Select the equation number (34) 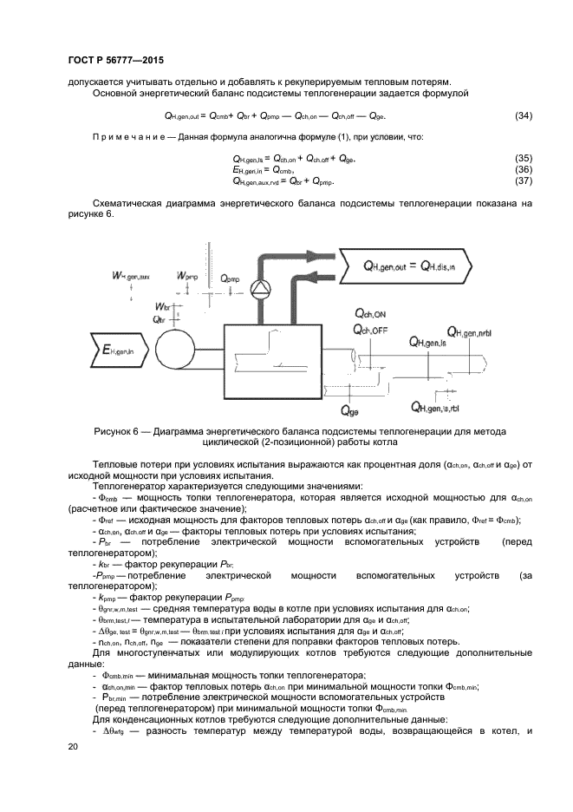point(524,116)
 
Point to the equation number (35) point(524,158)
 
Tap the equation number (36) point(524,169)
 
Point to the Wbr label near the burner point(162,307)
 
